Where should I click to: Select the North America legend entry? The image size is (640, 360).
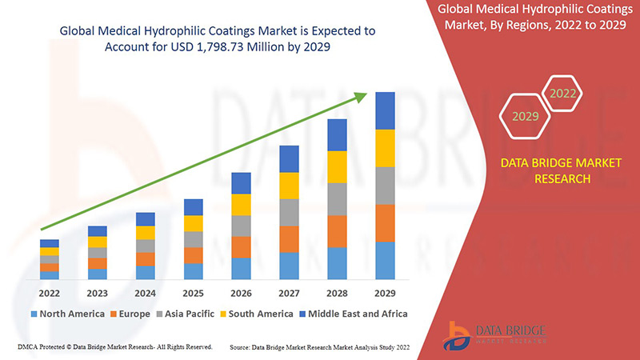67,314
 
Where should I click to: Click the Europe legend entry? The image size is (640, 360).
130,314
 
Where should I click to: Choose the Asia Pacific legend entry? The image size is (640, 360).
186,314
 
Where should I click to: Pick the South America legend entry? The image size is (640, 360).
255,314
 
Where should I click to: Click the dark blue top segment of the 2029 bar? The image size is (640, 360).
386,110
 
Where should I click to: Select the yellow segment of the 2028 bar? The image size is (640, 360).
337,166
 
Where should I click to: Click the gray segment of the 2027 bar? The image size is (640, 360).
289,212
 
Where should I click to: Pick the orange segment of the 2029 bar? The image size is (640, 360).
386,223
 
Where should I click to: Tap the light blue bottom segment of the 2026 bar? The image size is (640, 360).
241,268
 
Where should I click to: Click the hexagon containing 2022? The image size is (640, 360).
562,94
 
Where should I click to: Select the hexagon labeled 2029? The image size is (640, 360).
525,117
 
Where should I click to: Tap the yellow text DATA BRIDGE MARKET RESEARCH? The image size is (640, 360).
561,170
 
